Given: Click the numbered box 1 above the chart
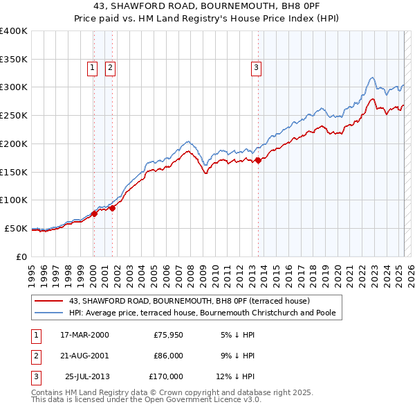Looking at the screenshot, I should [x=93, y=68].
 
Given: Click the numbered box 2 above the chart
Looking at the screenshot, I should [x=110, y=68].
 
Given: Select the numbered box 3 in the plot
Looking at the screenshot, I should [x=256, y=68].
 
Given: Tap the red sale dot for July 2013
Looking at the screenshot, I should [x=258, y=160].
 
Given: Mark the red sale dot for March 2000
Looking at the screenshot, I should [x=94, y=214].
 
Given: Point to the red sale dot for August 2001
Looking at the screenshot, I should [x=112, y=208].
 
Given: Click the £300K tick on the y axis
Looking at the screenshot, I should [x=13, y=87].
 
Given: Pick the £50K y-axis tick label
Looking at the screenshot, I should [x=16, y=228].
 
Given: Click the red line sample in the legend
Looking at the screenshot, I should [x=48, y=301].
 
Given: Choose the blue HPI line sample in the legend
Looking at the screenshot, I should [x=48, y=313].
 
